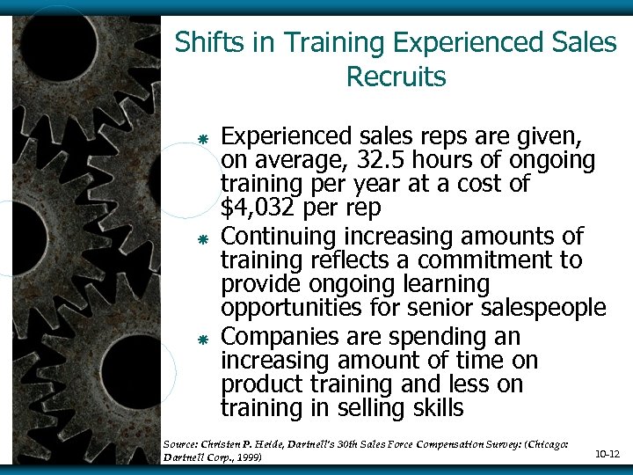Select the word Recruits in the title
pos(397,77)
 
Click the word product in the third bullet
pos(258,384)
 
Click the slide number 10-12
pos(608,454)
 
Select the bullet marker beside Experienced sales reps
pos(202,139)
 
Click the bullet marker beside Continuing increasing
pos(202,239)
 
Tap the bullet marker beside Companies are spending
pos(202,340)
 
